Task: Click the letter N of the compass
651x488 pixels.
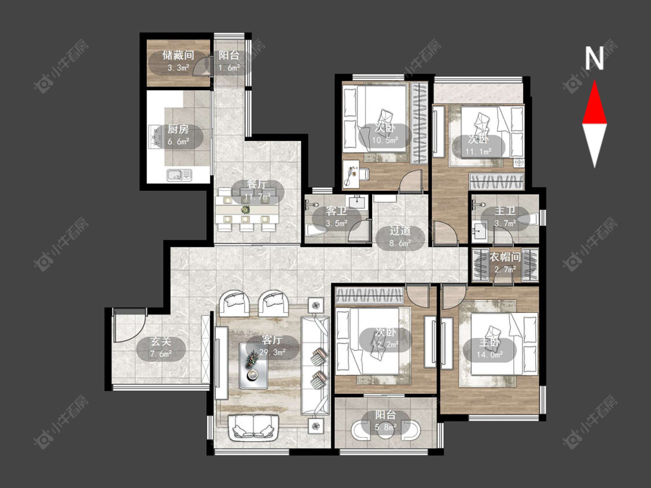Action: point(594,58)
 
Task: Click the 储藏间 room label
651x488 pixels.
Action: point(178,55)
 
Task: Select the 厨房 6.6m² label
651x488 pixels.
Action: point(178,135)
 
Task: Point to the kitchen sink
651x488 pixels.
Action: point(179,175)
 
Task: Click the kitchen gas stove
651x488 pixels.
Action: point(155,136)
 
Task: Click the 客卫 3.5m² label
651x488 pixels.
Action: point(336,217)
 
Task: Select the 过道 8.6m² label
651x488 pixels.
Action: point(400,236)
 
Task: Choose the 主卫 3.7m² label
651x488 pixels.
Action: point(505,217)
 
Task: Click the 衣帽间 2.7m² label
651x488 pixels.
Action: point(505,263)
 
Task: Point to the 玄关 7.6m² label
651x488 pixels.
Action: point(161,347)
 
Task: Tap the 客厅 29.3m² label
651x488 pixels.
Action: point(273,346)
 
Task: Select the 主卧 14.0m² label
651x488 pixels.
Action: point(490,349)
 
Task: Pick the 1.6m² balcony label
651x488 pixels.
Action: point(229,61)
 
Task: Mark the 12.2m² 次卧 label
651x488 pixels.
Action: point(385,338)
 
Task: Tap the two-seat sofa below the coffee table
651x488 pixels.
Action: point(253,427)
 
